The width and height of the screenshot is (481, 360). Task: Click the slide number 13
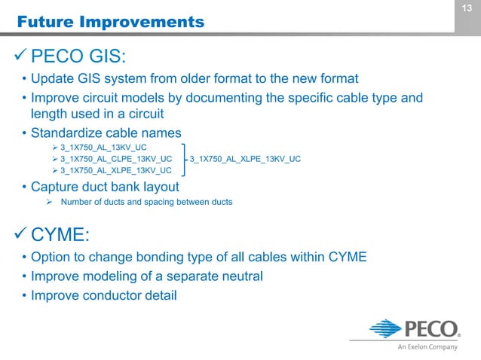[x=467, y=8]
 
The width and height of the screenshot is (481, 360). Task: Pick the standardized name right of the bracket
[x=246, y=159]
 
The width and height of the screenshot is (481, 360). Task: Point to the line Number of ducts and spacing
[x=146, y=202]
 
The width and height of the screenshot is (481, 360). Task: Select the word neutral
[x=240, y=276]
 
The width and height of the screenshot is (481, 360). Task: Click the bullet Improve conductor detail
[x=103, y=295]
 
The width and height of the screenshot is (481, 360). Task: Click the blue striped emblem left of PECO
[x=385, y=330]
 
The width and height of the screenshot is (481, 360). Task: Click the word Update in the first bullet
[x=52, y=78]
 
